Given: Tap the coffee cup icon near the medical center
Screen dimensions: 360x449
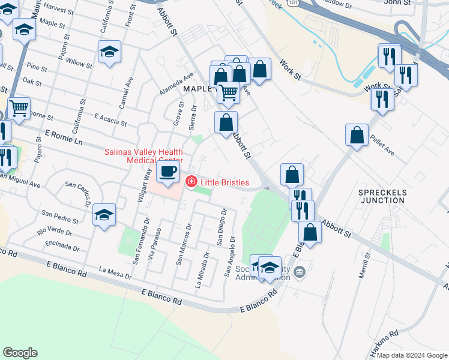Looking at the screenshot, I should [167, 172].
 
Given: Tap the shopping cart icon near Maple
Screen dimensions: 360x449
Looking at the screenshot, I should [228, 92].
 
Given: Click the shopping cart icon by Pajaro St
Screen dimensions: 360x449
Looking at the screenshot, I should [19, 109].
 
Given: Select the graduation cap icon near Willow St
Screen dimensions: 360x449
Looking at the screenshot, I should [109, 52].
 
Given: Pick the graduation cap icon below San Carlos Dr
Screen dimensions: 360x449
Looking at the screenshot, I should [104, 215].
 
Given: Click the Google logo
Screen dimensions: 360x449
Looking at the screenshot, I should [20, 353].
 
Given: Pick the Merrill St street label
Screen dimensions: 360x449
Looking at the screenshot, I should [365, 265].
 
